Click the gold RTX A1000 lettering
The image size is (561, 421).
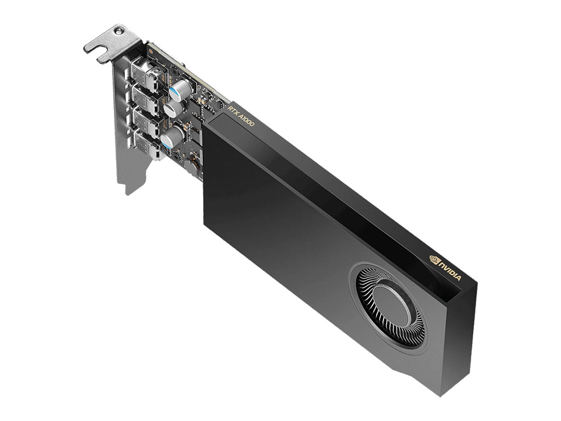click(x=242, y=116)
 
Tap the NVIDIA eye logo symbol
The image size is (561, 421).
click(x=434, y=259)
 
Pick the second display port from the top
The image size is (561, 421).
click(x=145, y=96)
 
